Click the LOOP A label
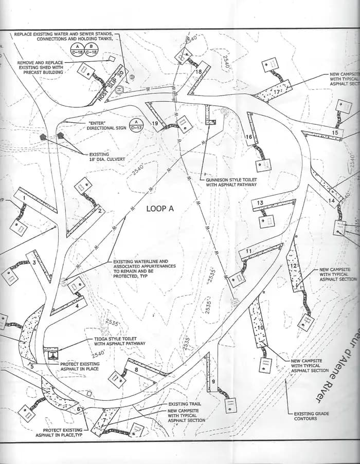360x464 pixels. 160,208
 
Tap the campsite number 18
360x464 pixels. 199,72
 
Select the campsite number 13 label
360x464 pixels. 260,203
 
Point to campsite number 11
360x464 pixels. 249,251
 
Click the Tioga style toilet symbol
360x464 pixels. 51,354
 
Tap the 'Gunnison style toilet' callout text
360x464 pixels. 230,182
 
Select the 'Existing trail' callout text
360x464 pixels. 185,404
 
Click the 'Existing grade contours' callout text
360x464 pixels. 312,416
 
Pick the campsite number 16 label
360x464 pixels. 249,137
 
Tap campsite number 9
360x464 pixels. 213,382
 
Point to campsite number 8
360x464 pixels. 136,369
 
